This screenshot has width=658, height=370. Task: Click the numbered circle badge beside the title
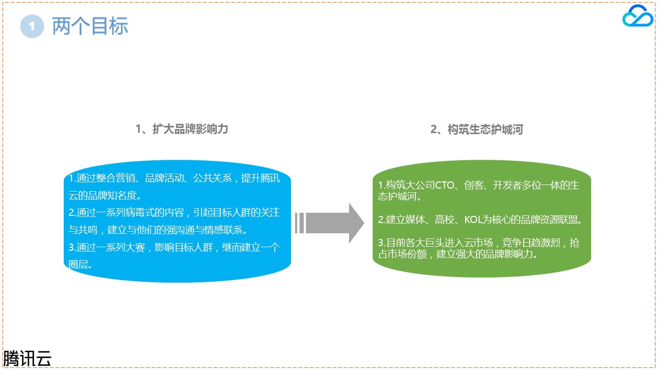click(32, 26)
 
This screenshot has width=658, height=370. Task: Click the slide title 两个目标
click(90, 26)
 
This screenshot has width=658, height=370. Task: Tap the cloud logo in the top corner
click(638, 15)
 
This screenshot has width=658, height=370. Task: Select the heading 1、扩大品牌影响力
click(182, 129)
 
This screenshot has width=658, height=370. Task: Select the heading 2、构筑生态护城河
click(477, 129)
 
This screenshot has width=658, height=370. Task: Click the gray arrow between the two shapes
click(330, 223)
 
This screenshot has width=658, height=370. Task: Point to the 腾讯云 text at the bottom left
click(27, 359)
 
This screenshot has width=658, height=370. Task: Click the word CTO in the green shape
click(445, 186)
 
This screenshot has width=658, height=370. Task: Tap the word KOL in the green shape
click(473, 219)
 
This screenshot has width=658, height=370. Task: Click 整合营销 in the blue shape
click(116, 178)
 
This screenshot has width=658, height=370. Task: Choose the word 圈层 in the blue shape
click(78, 264)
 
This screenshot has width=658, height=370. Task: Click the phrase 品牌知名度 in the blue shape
click(112, 195)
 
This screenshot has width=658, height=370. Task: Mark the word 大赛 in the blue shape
click(135, 247)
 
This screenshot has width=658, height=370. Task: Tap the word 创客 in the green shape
click(473, 186)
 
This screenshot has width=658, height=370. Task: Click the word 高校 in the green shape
click(445, 219)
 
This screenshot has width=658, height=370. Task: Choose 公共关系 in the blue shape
click(212, 178)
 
